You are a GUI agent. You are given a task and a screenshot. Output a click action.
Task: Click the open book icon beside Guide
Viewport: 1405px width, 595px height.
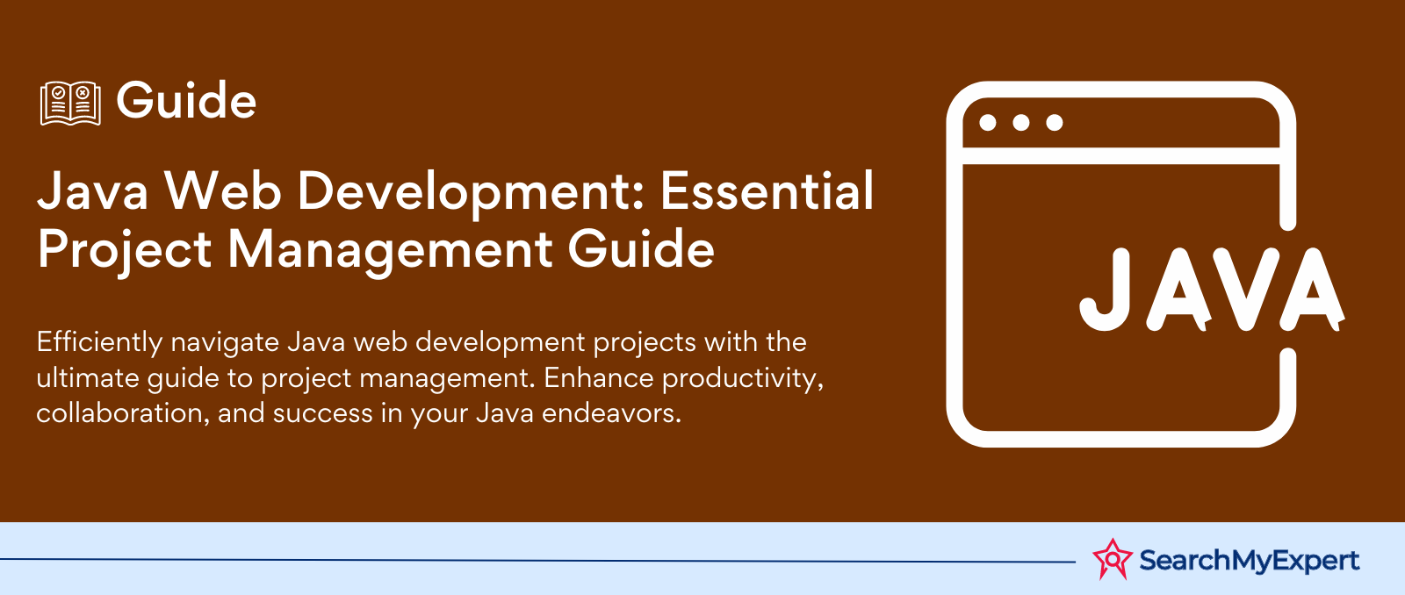click(70, 103)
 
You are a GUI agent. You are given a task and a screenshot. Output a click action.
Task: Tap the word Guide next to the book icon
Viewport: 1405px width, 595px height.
click(186, 100)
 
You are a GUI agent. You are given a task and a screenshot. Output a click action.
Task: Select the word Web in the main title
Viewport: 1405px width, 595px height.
click(223, 190)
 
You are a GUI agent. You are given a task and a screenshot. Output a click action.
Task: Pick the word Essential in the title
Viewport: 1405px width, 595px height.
click(767, 190)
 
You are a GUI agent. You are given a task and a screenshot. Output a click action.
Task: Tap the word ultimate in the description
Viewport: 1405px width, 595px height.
click(88, 378)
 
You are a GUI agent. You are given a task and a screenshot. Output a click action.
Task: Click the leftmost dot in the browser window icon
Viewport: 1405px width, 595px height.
click(987, 122)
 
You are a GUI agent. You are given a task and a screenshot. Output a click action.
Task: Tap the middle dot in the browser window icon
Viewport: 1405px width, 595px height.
click(1020, 122)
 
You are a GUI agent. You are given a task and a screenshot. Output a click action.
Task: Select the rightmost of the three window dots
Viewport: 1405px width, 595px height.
click(1055, 122)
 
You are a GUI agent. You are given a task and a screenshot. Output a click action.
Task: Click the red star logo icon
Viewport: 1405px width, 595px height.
click(1112, 559)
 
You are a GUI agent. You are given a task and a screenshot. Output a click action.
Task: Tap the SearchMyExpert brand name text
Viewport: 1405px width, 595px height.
click(1250, 561)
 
